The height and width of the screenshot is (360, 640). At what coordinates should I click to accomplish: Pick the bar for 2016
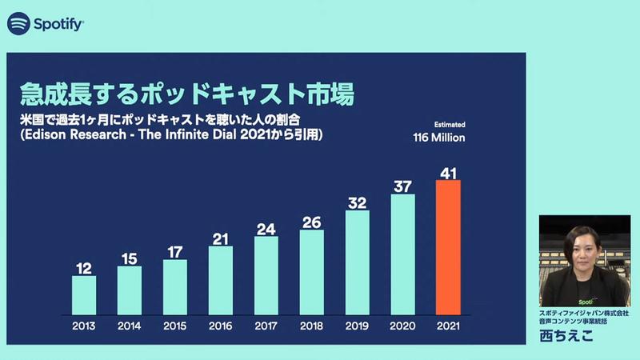[220, 279]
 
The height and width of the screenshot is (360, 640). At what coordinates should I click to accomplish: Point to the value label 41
[448, 172]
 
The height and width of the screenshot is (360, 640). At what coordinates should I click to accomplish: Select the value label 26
[311, 222]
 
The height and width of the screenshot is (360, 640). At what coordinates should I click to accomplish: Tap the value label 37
[402, 186]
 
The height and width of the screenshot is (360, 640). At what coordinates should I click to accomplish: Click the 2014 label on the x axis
[129, 327]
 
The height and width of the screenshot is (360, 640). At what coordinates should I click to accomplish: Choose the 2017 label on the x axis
[266, 327]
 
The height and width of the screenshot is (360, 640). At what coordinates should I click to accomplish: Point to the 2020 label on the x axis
[402, 327]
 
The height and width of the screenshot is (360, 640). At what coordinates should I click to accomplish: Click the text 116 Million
[438, 138]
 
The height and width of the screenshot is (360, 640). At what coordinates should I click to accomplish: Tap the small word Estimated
[450, 125]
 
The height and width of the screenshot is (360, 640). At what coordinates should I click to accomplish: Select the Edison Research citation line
[172, 137]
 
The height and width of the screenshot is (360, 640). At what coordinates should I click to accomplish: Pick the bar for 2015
[174, 287]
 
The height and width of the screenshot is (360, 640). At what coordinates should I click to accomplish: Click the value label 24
[266, 229]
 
